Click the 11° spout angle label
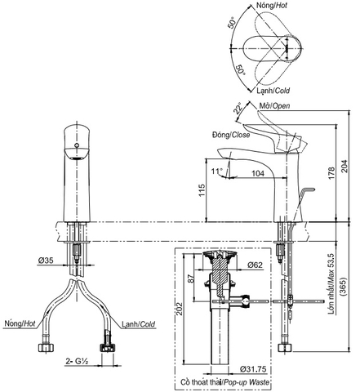coord(216,172)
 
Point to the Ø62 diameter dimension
coord(252,265)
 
